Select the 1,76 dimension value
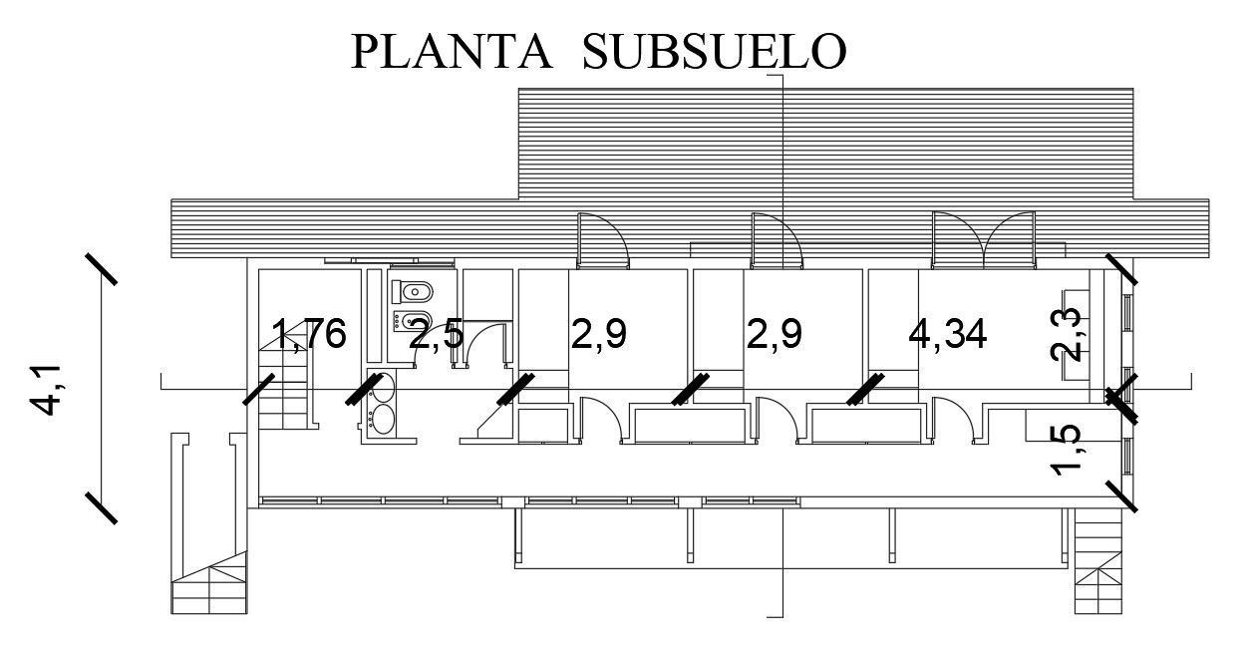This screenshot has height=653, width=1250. tap(310, 334)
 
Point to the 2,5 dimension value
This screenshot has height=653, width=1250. tap(437, 335)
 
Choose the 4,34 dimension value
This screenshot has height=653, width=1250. tap(948, 334)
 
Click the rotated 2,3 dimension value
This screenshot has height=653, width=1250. tap(1068, 334)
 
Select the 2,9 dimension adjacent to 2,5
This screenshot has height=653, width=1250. tap(599, 334)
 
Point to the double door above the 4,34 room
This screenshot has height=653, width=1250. tap(984, 240)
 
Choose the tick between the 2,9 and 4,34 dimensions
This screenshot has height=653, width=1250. tap(865, 388)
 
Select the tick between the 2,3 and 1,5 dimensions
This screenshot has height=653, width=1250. tap(1121, 402)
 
